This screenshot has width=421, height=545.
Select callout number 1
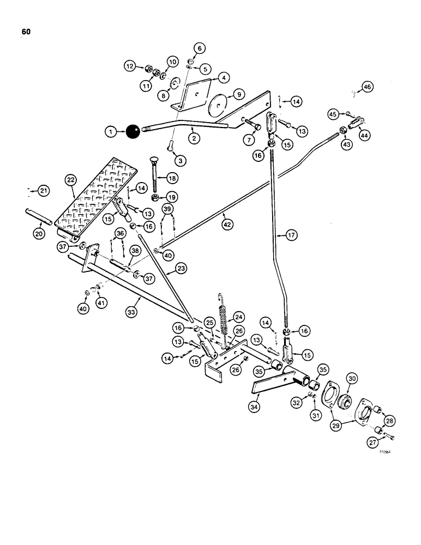tap(111, 131)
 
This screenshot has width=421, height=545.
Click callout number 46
tap(366, 87)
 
